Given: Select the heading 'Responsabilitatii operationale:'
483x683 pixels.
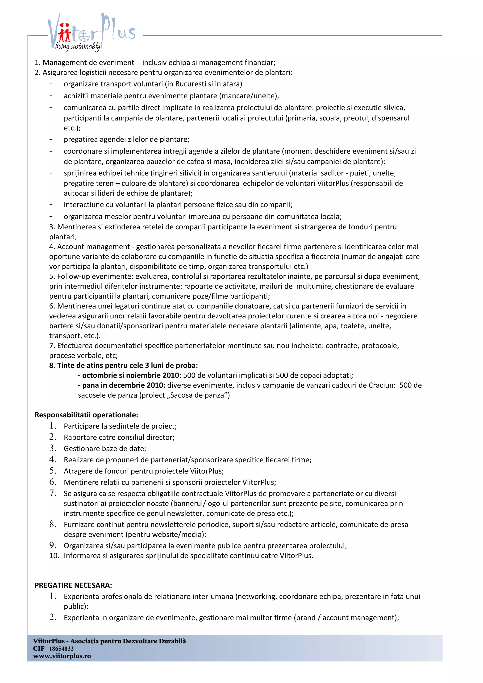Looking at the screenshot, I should tap(86, 415).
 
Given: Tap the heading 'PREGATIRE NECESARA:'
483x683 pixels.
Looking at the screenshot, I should tap(73, 585).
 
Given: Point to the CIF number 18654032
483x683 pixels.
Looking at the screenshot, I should tap(61, 649).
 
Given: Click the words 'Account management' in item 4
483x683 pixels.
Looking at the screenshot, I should tap(93, 247).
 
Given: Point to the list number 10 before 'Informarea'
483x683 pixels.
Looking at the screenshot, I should tap(54, 556).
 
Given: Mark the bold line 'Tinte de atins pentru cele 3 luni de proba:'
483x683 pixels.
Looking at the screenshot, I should tap(124, 365).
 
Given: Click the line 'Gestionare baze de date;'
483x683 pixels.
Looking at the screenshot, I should tap(105, 448).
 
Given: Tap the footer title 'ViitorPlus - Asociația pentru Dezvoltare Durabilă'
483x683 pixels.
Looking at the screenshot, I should tap(109, 641).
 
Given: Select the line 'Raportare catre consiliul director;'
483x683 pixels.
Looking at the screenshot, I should tap(119, 437).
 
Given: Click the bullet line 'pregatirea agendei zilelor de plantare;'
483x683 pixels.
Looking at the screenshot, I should tap(126, 140).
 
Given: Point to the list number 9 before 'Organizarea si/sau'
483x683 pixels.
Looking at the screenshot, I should tap(53, 545).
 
